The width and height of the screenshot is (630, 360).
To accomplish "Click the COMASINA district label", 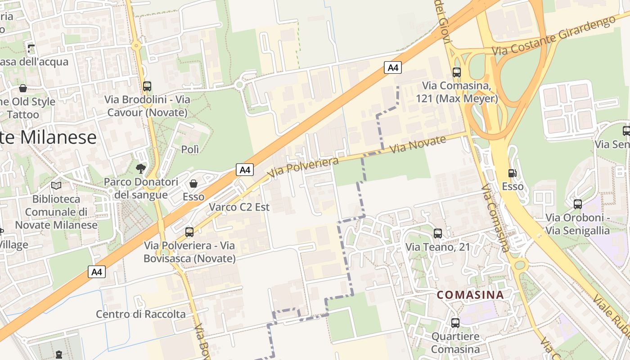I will pyautogui.click(x=470, y=295).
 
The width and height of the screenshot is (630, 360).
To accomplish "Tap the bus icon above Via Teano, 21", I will pyautogui.click(x=437, y=233).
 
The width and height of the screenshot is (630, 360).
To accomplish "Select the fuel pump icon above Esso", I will pyautogui.click(x=512, y=173).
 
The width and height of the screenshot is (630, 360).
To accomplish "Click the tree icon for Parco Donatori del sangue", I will pyautogui.click(x=141, y=169).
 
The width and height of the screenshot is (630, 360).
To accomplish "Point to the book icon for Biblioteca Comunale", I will pyautogui.click(x=56, y=185).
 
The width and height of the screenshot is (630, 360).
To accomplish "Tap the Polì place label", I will pyautogui.click(x=190, y=149).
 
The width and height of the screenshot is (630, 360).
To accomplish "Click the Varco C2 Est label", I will pyautogui.click(x=239, y=207).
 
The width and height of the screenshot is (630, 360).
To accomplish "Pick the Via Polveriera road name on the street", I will pyautogui.click(x=302, y=167).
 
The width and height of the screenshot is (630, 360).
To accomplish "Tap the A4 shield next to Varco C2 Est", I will pyautogui.click(x=245, y=170).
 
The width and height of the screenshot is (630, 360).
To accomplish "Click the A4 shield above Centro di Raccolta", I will pyautogui.click(x=97, y=272).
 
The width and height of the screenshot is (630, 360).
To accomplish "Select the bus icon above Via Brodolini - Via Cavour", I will pyautogui.click(x=147, y=86).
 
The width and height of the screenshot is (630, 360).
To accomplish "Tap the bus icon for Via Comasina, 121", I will pyautogui.click(x=456, y=72).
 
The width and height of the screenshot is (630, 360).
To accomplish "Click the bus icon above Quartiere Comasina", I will pyautogui.click(x=455, y=323).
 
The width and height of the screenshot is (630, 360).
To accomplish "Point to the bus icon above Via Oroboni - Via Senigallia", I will pyautogui.click(x=578, y=204).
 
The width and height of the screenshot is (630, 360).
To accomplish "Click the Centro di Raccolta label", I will pyautogui.click(x=140, y=314).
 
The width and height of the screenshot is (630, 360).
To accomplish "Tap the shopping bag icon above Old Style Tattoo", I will pyautogui.click(x=23, y=88).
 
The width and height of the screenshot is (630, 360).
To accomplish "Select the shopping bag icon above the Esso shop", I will pyautogui.click(x=193, y=183).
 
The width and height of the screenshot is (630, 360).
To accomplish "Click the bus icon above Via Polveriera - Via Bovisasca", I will pyautogui.click(x=189, y=232).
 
